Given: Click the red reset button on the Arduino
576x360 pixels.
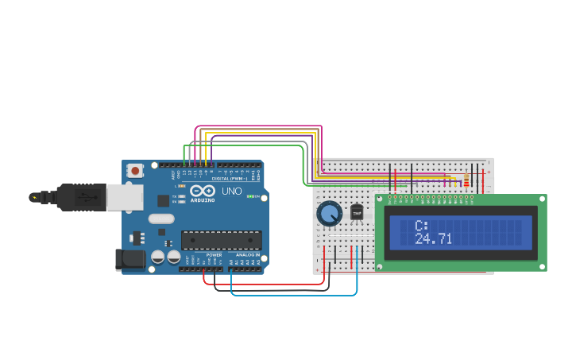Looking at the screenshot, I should click(136, 170).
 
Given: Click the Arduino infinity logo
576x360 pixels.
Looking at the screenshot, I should click(201, 192).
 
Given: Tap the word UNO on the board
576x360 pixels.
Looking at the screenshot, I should click(231, 192).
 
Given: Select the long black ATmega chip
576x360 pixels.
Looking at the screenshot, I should click(221, 240).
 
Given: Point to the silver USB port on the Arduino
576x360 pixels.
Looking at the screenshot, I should click(125, 197).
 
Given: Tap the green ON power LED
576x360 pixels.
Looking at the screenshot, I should click(251, 196).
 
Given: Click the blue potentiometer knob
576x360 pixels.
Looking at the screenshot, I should click(329, 213).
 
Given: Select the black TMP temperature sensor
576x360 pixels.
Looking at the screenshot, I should click(357, 213).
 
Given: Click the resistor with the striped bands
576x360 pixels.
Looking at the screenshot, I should click(466, 182).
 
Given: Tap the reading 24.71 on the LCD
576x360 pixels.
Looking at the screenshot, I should click(433, 238).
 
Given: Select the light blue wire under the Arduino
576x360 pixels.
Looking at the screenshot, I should click(294, 296).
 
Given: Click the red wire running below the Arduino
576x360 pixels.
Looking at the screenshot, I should click(262, 284).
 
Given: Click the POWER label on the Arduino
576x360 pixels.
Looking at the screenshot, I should click(214, 255).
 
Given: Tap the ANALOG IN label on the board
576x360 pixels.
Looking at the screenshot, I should click(247, 255).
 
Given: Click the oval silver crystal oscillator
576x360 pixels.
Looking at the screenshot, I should click(160, 219).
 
